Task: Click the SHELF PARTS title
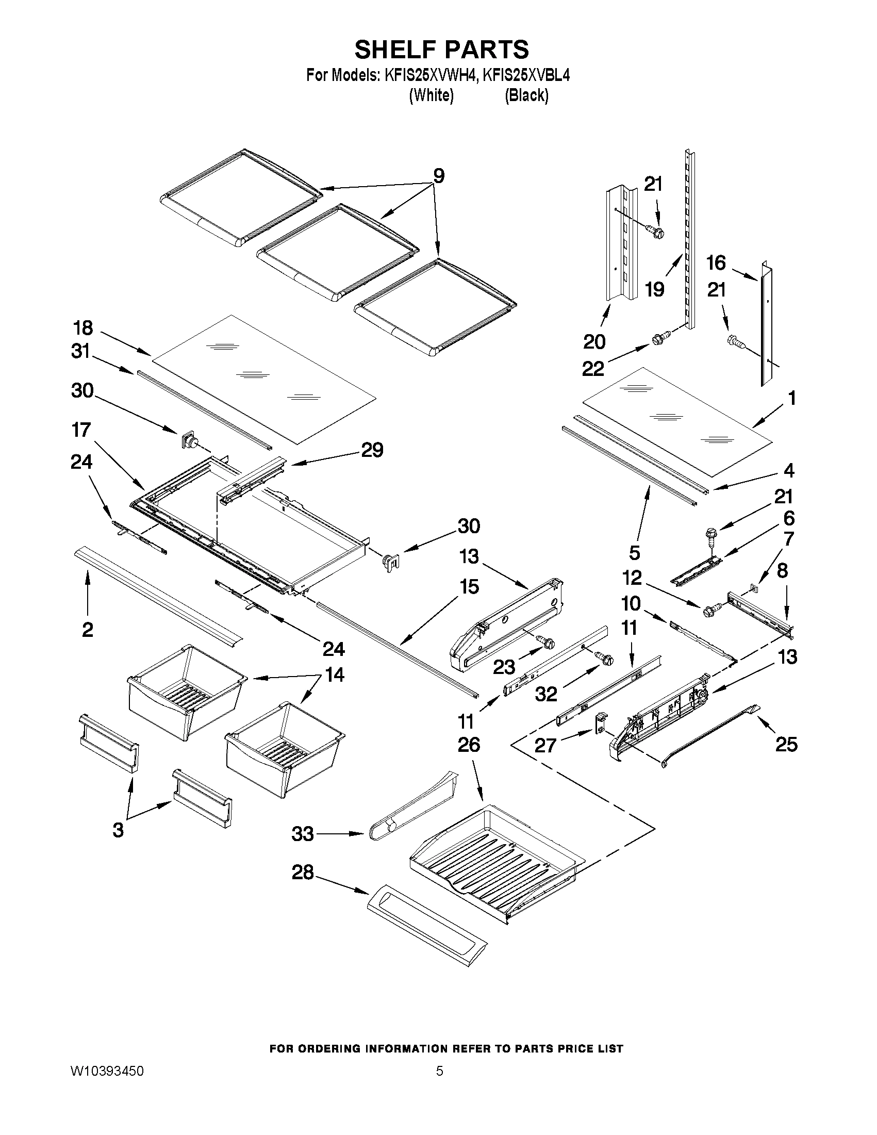(441, 50)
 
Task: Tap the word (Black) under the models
(526, 95)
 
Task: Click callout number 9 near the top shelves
(439, 176)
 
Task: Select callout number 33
(302, 833)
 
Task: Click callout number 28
(302, 871)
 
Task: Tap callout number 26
(468, 745)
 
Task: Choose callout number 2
(87, 629)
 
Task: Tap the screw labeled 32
(605, 659)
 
